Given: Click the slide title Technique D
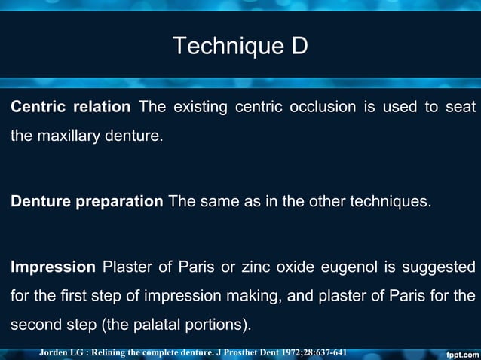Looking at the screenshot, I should click(x=240, y=46).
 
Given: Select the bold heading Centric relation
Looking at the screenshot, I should click(x=70, y=107).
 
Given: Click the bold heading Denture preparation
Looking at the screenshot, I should click(x=87, y=202).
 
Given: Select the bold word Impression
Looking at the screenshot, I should click(x=53, y=267).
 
